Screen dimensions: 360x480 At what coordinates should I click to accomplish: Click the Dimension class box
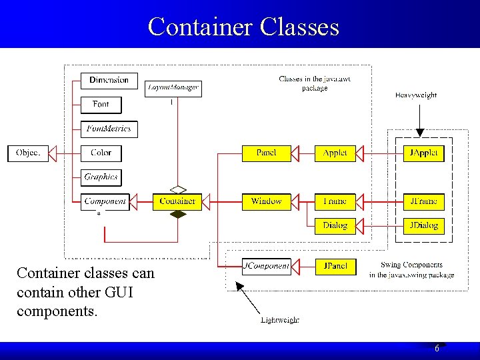click(x=109, y=81)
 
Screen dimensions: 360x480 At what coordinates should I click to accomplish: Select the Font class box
click(x=101, y=105)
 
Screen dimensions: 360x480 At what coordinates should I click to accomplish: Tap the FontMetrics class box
click(x=109, y=129)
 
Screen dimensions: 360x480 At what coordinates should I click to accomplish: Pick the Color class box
click(x=101, y=153)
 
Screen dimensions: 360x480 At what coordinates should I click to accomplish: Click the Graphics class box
click(x=101, y=177)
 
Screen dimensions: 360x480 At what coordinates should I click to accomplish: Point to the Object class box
click(x=28, y=153)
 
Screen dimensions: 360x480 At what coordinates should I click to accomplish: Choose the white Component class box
click(x=105, y=201)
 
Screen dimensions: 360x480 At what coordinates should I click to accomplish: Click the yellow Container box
click(x=177, y=201)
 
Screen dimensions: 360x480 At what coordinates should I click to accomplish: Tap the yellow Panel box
click(x=266, y=153)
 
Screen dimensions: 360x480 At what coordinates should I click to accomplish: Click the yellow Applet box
click(x=335, y=153)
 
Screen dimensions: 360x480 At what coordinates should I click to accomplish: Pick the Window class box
click(x=266, y=201)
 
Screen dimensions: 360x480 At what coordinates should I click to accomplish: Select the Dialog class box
click(x=335, y=225)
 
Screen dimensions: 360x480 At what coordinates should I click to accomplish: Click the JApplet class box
click(x=423, y=153)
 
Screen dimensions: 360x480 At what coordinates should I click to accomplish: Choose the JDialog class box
click(x=423, y=225)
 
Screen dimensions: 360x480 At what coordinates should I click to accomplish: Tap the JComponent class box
click(x=266, y=266)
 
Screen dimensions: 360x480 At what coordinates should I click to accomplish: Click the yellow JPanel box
click(x=335, y=266)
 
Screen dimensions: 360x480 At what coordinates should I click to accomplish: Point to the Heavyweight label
click(x=416, y=95)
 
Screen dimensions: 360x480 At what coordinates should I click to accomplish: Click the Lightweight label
click(x=279, y=320)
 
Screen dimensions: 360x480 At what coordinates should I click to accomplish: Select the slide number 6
click(x=437, y=349)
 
